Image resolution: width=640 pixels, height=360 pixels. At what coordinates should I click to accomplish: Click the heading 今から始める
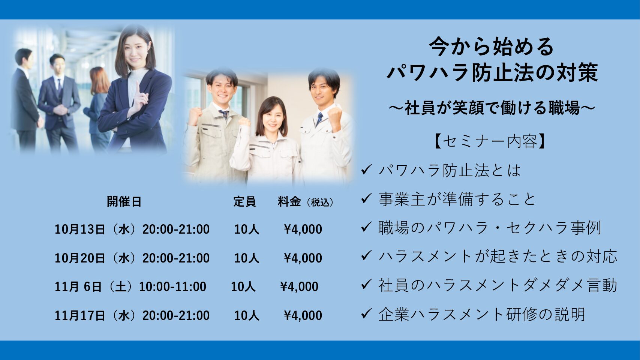click(x=492, y=47)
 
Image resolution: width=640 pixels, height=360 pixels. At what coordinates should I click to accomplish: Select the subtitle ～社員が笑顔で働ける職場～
click(x=492, y=108)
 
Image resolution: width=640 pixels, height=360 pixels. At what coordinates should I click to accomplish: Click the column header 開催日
click(x=124, y=202)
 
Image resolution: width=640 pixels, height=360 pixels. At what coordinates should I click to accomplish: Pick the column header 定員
click(x=244, y=202)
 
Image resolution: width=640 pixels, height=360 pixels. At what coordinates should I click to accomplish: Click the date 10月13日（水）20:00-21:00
click(x=132, y=229)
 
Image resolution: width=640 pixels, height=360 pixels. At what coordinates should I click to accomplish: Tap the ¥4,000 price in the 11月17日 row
click(x=303, y=315)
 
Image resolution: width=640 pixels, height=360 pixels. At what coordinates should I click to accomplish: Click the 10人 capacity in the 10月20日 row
click(x=247, y=258)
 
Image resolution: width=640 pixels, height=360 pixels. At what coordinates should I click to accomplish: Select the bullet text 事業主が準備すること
click(x=457, y=199)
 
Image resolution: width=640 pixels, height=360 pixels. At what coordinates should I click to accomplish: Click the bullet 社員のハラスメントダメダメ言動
click(x=498, y=285)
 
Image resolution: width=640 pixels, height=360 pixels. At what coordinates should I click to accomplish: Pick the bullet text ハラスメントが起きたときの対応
click(x=498, y=256)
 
